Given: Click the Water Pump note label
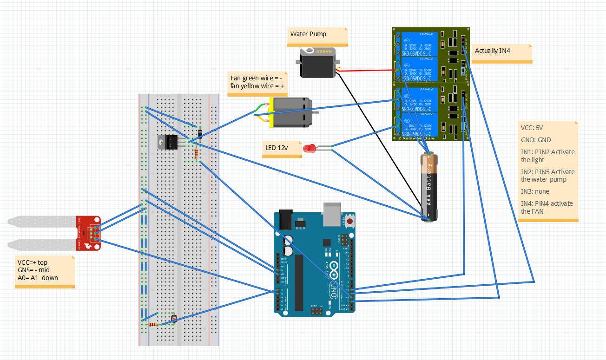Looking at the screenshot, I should point(309,34).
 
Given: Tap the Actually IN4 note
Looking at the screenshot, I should point(492,51).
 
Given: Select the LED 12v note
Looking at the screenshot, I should point(276,148).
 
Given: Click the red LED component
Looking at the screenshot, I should point(309,149).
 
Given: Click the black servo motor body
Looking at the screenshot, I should point(316,64).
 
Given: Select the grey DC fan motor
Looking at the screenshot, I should point(290,112).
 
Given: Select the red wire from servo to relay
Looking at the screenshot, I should point(367,71).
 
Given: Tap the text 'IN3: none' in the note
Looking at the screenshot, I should point(535,191).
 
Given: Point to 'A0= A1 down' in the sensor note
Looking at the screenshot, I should point(38,278).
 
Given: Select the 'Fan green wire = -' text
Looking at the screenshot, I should point(256,78).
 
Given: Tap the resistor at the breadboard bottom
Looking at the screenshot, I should point(153,325).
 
